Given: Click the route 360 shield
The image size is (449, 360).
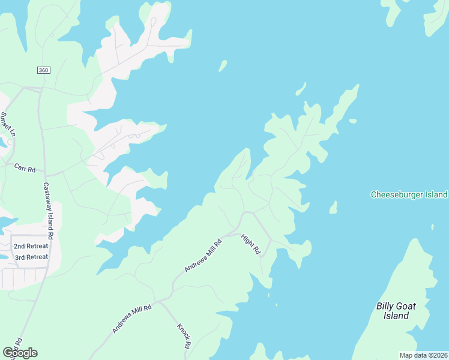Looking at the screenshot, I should point(43,70).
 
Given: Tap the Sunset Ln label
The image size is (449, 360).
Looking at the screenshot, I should point(7,125).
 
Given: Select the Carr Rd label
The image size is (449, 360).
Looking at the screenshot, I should point(25,169).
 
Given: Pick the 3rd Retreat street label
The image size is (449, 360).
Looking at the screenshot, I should point(31,257).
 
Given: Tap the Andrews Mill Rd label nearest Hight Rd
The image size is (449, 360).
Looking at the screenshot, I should point(204,254).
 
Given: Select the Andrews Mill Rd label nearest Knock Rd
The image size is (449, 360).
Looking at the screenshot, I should point(132,318).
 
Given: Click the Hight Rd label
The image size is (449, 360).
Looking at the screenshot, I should point(250,244).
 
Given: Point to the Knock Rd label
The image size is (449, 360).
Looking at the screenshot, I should point(184,336).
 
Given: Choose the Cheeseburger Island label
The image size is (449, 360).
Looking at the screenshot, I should point(409,194).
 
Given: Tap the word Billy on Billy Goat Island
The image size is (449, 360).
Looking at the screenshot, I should point(388,306).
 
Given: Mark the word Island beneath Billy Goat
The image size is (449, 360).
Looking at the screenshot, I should point(396,316).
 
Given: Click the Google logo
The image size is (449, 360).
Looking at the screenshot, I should point(20,353).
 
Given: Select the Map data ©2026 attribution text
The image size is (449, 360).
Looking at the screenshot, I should point(423,355).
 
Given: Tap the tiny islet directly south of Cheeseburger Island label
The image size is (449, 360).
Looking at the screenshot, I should point(432,227).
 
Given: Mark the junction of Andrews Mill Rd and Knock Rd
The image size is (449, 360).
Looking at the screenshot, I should point(157,301).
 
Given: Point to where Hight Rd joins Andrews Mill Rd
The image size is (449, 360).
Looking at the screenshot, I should point(234,231).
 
